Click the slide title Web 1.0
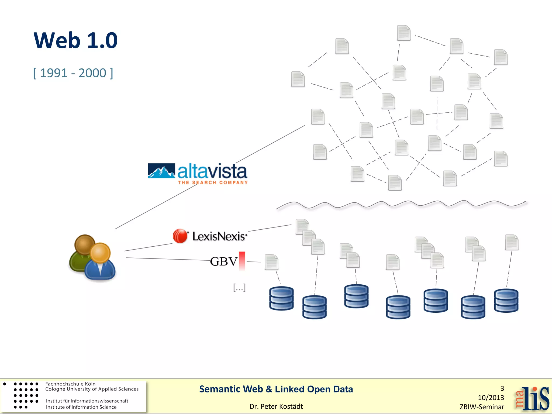(75, 40)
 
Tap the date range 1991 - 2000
(73, 73)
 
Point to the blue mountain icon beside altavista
(161, 171)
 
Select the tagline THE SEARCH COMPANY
(213, 183)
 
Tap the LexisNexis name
(219, 236)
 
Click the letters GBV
(223, 261)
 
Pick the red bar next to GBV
(242, 260)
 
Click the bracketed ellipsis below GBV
(239, 288)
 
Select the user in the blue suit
(100, 263)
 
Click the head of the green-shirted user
(85, 244)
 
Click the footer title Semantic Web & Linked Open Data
(276, 389)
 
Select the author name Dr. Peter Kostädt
(276, 406)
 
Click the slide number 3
(502, 388)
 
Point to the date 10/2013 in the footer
(491, 398)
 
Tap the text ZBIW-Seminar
(482, 407)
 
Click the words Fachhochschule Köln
(70, 384)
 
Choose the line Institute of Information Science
(81, 407)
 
